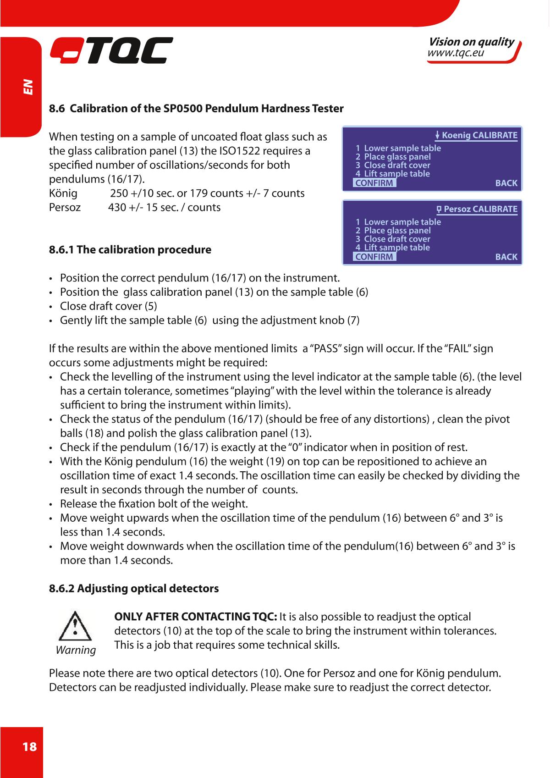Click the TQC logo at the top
[111, 50]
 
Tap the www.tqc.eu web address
[456, 54]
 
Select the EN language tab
[28, 87]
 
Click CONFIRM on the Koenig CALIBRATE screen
[374, 183]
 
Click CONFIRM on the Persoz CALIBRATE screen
[374, 257]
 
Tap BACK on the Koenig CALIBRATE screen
[506, 183]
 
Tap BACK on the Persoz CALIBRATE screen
[506, 257]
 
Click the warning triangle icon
[75, 625]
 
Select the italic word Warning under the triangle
[76, 650]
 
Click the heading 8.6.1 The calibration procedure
[130, 250]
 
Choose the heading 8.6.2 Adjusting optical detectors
[134, 588]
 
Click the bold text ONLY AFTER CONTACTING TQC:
[195, 617]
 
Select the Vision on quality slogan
[471, 42]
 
